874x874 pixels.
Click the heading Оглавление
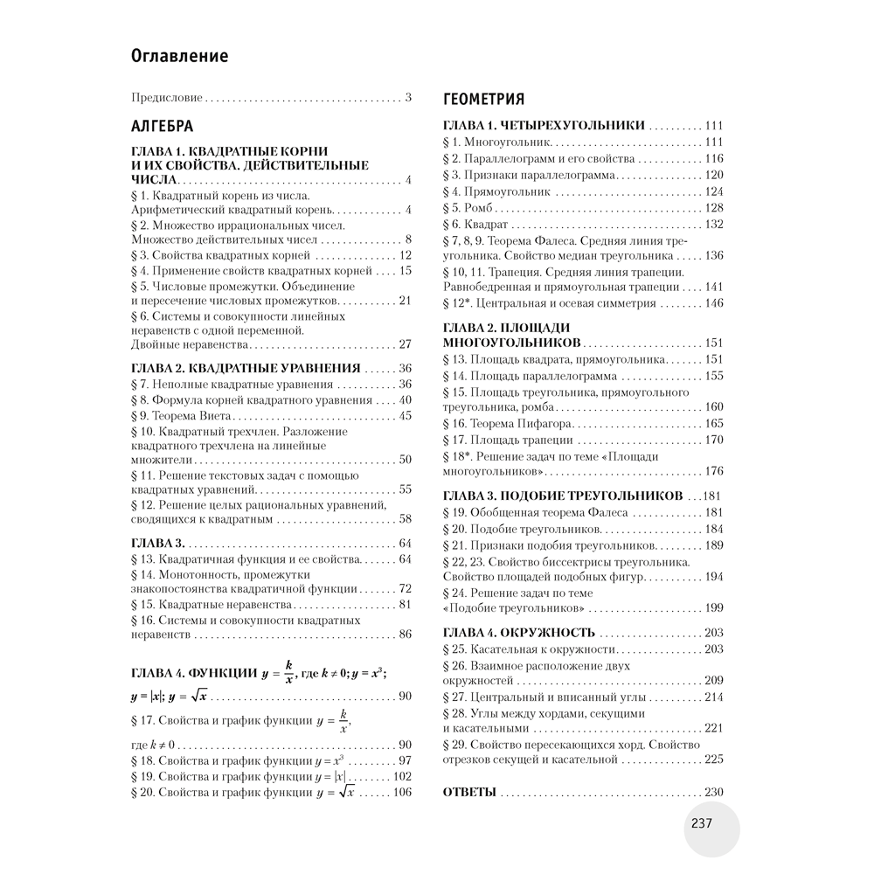179,57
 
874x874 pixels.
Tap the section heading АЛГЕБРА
162,125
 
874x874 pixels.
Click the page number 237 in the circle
703,823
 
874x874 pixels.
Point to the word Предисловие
166,97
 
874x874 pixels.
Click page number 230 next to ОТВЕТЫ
714,792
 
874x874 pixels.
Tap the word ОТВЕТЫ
470,792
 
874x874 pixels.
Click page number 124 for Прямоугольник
714,191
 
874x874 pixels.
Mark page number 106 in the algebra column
400,792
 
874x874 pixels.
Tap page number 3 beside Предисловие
407,97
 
